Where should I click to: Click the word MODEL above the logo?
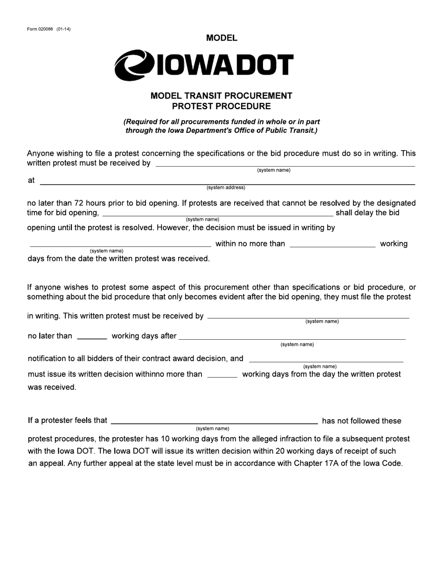(221, 38)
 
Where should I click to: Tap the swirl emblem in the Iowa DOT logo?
(134, 65)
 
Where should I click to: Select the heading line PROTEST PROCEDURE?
(221, 106)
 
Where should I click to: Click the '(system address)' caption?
(226, 188)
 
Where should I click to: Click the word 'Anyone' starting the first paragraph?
(40, 154)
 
